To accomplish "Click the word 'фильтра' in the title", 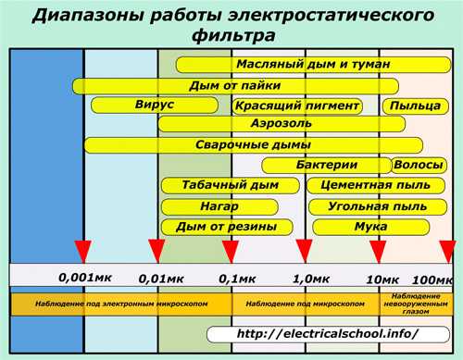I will (231, 38).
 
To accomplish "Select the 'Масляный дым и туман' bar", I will (312, 65).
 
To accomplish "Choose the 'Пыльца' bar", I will (414, 106).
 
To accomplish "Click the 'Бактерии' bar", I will (326, 165).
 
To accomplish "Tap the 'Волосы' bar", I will (418, 165).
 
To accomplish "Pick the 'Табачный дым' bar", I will (219, 185).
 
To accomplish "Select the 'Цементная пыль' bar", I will (369, 185).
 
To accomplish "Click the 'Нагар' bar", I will (219, 205).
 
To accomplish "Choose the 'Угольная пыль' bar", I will (369, 205).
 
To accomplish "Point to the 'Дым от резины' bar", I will (219, 226).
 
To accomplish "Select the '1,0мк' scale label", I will (311, 278).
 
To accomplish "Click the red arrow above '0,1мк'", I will (231, 251).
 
